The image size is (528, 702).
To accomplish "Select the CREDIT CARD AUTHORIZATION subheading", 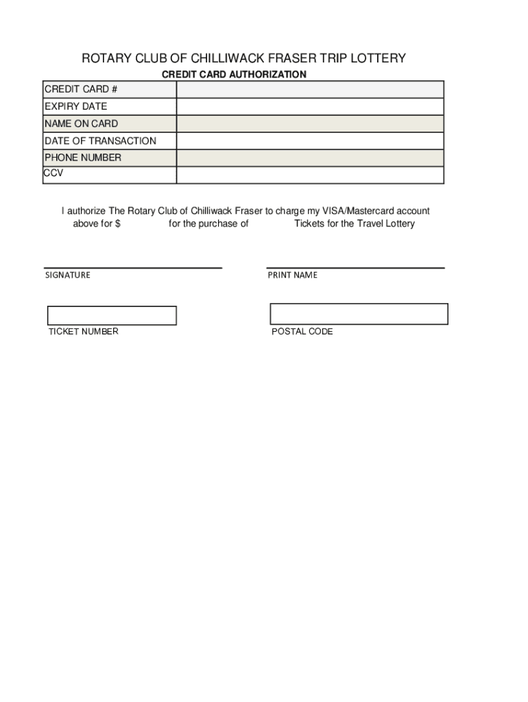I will pos(234,74).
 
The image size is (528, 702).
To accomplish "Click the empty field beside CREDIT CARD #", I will pos(310,90).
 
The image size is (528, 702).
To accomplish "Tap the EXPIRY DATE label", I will pos(76,106).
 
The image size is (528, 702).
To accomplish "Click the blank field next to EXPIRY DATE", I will pos(310,107).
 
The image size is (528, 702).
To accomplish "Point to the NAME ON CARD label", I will pos(81,123).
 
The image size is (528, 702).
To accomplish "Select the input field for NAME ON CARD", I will pos(310,124).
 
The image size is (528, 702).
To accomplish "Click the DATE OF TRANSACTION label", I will pos(100,141).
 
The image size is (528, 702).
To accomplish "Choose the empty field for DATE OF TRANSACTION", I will pos(310,141).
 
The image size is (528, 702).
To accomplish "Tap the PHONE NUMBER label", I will pos(83,158).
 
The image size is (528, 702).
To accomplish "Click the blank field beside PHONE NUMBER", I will pos(310,158).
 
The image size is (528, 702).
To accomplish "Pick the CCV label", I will pos(53,173).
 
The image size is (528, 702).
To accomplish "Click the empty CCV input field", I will pos(310,175).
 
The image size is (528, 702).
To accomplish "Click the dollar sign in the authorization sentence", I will pos(118,223).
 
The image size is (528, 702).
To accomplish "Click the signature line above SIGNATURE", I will pos(133,267).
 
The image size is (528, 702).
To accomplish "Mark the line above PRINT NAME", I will pos(355,267).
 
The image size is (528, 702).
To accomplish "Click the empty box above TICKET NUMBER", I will pos(112,315).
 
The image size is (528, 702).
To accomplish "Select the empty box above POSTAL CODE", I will pos(359,314).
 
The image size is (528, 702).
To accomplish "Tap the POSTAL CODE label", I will pos(302,332).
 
